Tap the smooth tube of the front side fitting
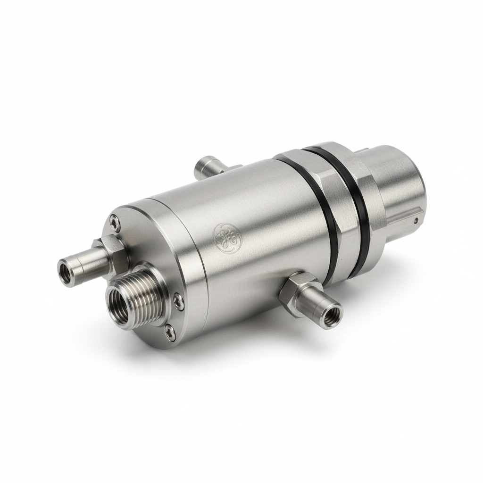point(321,307)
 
